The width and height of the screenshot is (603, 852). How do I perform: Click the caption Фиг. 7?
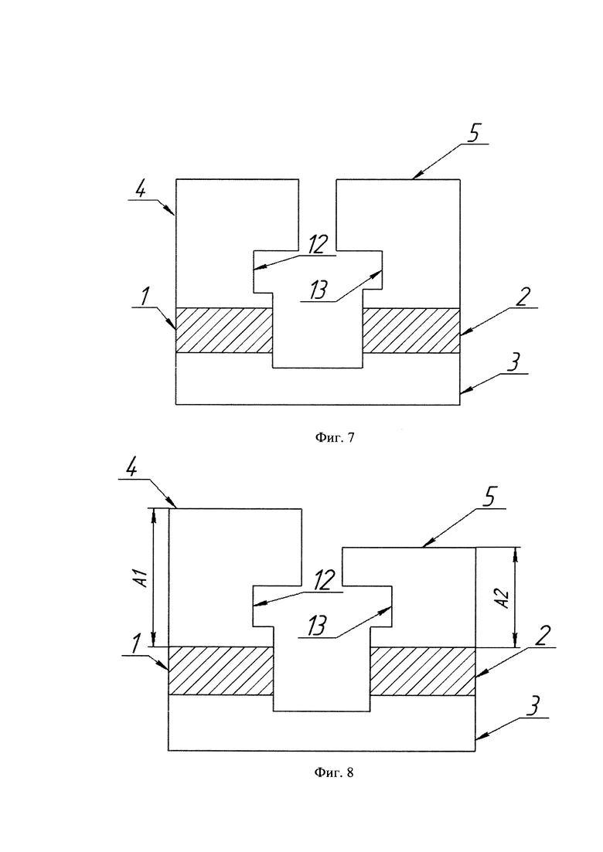point(335,437)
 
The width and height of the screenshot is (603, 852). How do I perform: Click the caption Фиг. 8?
point(334,772)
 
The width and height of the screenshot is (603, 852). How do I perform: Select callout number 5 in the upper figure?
point(473,134)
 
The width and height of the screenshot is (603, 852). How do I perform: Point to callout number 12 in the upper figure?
point(318,245)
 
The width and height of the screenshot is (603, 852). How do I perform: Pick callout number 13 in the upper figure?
point(318,290)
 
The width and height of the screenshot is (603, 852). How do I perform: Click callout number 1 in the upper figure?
point(144,297)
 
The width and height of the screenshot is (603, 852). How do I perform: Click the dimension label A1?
point(142,579)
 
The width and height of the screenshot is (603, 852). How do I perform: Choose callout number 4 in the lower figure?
point(131,469)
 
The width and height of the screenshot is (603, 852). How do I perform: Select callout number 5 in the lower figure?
point(489,499)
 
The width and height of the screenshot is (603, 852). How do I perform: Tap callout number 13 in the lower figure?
point(317,626)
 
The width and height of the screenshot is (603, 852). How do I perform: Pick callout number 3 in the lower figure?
point(533,708)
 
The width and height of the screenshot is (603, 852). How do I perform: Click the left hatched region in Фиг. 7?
point(223,331)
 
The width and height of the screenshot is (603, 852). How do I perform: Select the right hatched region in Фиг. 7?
point(411,331)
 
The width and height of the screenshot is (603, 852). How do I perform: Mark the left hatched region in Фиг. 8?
point(221,670)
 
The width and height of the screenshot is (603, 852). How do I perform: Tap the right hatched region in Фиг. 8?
point(423,671)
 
